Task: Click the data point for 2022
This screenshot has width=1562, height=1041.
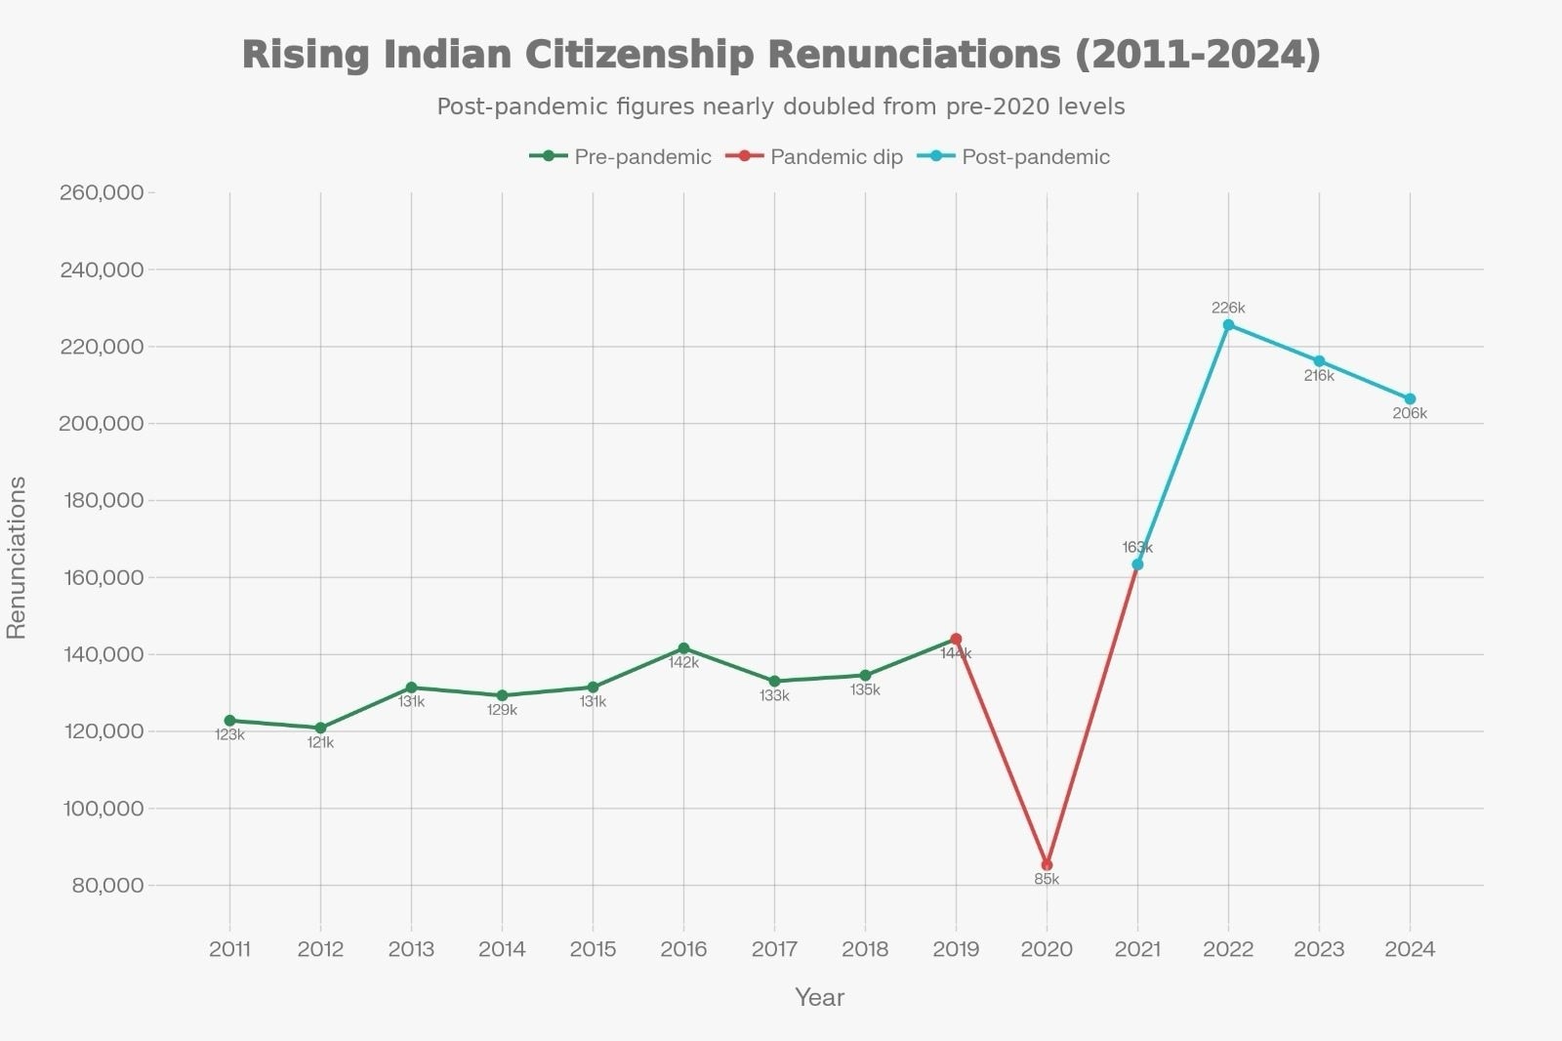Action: [x=1228, y=325]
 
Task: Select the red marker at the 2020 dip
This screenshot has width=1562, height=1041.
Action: [x=1047, y=865]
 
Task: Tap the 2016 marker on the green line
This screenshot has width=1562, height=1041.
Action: [x=683, y=648]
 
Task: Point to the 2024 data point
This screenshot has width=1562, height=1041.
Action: [x=1410, y=399]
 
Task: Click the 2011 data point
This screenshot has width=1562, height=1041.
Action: [x=229, y=721]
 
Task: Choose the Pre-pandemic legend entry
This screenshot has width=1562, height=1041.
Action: [x=621, y=157]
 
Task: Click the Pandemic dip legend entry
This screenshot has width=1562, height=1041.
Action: [x=815, y=157]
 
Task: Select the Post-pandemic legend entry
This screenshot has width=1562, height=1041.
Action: [x=1014, y=157]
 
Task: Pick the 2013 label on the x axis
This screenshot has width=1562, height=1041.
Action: [x=411, y=949]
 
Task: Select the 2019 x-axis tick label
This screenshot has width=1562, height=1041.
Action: [x=956, y=949]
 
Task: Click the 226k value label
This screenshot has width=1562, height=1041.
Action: [x=1228, y=309]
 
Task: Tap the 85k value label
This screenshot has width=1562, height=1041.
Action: [x=1047, y=880]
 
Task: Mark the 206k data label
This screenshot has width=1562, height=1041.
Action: [x=1410, y=414]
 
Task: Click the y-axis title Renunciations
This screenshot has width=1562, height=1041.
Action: [x=17, y=558]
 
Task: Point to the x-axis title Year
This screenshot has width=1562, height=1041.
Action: [x=819, y=997]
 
